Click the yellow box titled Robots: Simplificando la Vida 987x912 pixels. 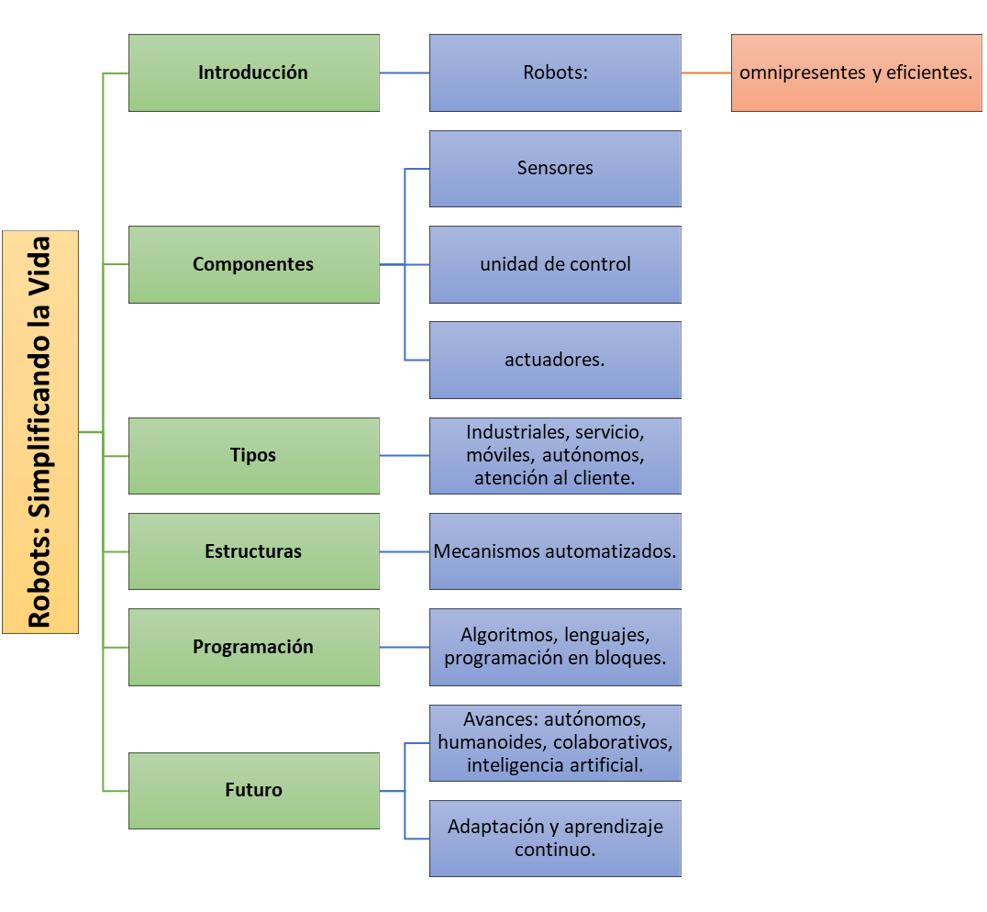click(40, 432)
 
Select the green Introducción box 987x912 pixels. click(254, 73)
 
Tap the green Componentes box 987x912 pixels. click(254, 264)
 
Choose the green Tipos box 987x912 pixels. click(254, 456)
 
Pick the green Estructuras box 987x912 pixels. click(254, 551)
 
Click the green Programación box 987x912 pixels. click(254, 647)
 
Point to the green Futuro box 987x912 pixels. click(254, 791)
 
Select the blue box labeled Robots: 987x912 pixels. click(555, 73)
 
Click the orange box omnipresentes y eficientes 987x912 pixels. click(856, 73)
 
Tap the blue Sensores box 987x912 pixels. click(555, 169)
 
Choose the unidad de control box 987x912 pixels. click(555, 264)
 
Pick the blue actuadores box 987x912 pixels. click(555, 360)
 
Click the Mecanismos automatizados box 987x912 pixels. click(555, 551)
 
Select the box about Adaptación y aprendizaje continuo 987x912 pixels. click(555, 839)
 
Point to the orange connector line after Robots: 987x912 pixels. click(706, 73)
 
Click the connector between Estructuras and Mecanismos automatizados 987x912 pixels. click(405, 552)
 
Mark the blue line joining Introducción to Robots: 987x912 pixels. click(405, 73)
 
